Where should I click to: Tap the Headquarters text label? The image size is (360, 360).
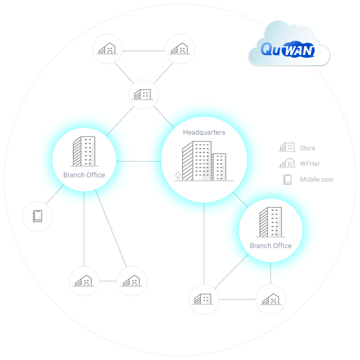[x=204, y=132]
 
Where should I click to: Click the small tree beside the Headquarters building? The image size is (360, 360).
[x=178, y=176]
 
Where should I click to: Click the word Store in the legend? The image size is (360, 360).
[x=307, y=148]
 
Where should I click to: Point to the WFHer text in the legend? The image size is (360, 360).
[x=310, y=163]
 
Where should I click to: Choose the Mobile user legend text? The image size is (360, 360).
[x=317, y=179]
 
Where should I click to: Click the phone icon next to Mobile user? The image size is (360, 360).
[x=288, y=179]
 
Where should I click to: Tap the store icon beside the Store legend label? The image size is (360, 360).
[x=287, y=148]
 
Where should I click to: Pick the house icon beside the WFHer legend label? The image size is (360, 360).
[x=287, y=163]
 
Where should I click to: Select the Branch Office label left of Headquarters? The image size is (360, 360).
[x=84, y=175]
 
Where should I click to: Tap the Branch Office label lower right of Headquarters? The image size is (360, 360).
[x=270, y=246]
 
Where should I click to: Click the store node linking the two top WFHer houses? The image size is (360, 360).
[x=144, y=94]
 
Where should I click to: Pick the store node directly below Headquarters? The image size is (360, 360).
[x=204, y=299]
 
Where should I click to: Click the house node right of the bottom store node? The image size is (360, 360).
[x=270, y=299]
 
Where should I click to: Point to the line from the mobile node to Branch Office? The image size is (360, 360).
[x=55, y=197]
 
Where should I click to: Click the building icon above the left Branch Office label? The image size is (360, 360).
[x=84, y=151]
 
